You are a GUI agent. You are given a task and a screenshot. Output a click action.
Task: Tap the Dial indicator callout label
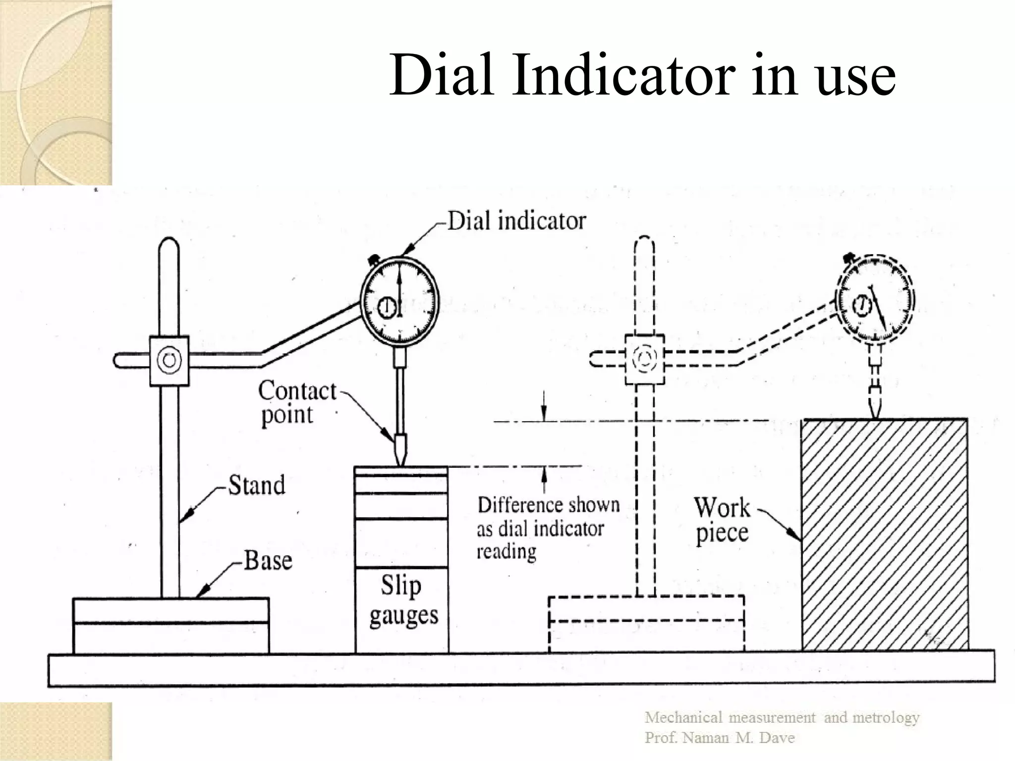[516, 221]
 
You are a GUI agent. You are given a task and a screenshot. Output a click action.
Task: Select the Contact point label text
[296, 402]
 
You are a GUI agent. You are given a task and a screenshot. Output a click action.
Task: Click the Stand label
[256, 485]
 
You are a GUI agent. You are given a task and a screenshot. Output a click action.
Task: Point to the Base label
[268, 561]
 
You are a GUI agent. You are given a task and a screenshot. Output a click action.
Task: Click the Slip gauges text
[402, 600]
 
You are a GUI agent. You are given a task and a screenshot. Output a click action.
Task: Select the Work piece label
[722, 520]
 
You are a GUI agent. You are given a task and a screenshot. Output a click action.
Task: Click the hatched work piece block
[885, 535]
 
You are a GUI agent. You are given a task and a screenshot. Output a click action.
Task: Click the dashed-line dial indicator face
[875, 300]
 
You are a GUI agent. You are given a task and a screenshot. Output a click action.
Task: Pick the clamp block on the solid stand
[169, 361]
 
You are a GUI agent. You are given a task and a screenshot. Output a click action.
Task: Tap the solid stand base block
[171, 625]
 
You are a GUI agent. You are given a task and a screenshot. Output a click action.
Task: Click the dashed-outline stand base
[646, 623]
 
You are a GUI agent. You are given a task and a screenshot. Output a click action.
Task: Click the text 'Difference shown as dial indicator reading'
[547, 528]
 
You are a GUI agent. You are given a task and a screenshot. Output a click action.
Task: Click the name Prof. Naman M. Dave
[719, 738]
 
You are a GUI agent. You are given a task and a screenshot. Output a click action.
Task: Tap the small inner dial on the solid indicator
[387, 308]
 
